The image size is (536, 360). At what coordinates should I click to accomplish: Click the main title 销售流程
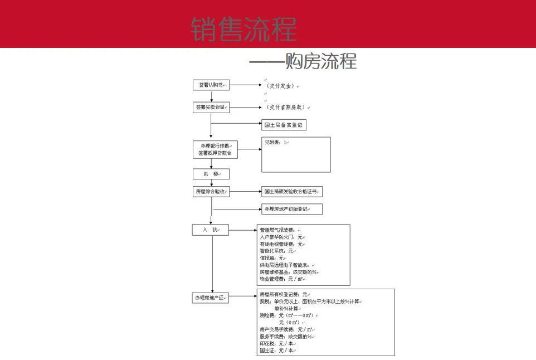tap(243, 29)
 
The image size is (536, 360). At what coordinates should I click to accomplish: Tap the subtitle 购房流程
tap(320, 61)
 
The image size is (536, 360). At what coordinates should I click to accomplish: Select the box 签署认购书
tap(211, 85)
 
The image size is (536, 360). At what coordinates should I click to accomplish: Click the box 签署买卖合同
tap(211, 107)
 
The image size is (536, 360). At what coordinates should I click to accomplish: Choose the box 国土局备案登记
tap(284, 125)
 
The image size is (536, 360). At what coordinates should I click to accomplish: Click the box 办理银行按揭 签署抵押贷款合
tap(215, 149)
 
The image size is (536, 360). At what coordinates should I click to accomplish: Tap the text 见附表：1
tap(276, 143)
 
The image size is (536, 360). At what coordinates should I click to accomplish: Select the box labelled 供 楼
tap(211, 174)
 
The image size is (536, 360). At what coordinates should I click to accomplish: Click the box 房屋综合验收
tap(211, 192)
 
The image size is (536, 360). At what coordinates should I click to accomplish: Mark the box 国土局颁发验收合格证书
tap(291, 192)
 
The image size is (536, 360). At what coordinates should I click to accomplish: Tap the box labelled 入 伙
tap(211, 230)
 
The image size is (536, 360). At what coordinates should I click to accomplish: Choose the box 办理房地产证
tap(211, 298)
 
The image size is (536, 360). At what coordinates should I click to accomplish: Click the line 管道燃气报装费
tap(279, 230)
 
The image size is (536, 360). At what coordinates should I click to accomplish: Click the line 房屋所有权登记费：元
tap(284, 294)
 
